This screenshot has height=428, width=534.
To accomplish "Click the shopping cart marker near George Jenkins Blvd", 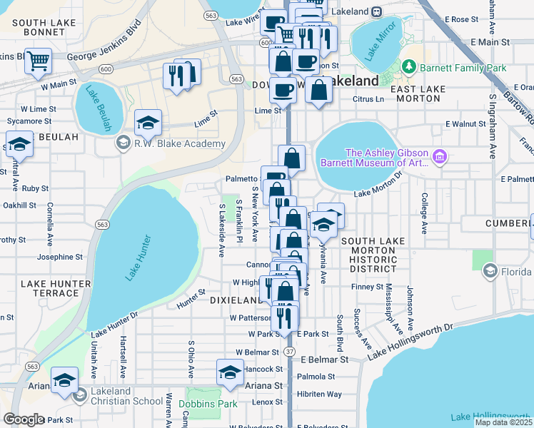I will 38,61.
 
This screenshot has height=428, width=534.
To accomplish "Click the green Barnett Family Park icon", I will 409,68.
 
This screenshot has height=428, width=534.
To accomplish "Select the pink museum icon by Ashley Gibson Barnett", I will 440,156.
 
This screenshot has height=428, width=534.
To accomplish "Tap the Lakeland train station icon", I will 376,12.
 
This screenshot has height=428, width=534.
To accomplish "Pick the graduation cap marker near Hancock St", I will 230,373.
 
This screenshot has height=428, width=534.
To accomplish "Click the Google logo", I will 24,419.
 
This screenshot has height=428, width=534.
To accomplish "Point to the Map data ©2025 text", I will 503,422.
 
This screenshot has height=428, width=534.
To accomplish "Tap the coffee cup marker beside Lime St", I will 283,91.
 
